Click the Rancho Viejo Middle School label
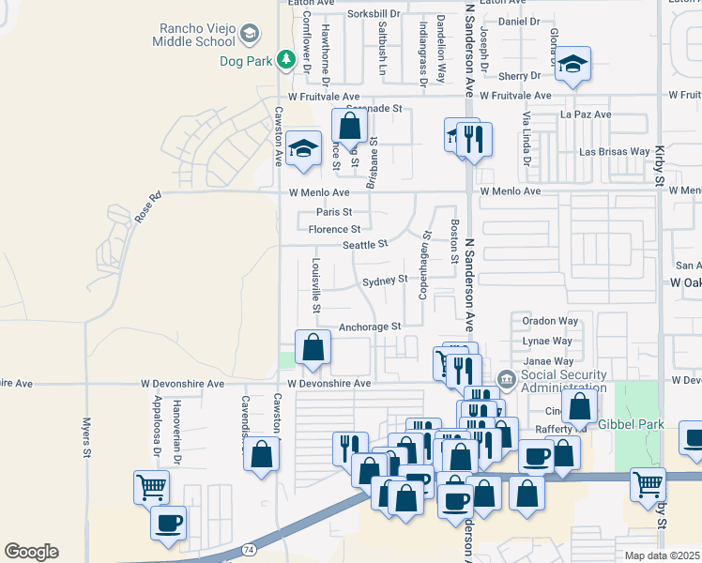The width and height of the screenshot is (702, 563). tap(196, 35)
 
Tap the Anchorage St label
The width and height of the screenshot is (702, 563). tap(370, 327)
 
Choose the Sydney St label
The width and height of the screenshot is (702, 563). tap(385, 280)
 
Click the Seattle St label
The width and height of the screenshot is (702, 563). tap(365, 245)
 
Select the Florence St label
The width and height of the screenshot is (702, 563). tap(335, 229)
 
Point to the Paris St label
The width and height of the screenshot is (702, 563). tap(333, 212)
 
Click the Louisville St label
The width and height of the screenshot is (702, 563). tap(316, 285)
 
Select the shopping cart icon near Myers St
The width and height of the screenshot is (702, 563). tap(151, 486)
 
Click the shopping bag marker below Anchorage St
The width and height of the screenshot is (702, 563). tap(313, 346)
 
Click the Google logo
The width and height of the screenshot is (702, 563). tap(31, 551)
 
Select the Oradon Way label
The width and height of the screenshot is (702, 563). tap(550, 321)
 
